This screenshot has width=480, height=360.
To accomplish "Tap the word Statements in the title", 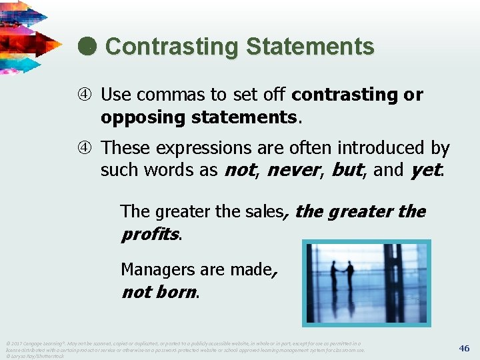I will (x=310, y=47).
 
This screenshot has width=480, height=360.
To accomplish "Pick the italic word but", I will (x=346, y=170).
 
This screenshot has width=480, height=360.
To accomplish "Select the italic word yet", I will (x=425, y=170).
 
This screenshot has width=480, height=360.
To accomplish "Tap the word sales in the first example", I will (x=265, y=212).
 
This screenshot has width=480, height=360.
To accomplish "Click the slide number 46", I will (x=464, y=348).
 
